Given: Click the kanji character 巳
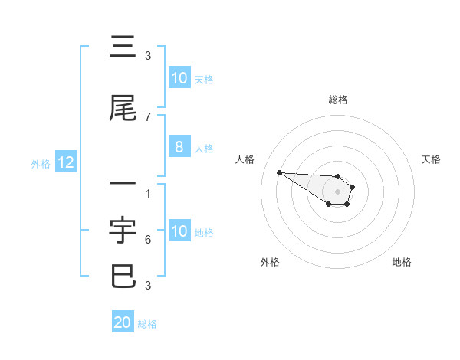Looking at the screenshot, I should coord(123,276).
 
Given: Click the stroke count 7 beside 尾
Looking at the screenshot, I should coord(147,117).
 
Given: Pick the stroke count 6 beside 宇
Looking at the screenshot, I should coord(147,240).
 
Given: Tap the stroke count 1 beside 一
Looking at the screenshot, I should coord(147,193).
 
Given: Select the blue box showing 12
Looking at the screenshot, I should coord(66,162).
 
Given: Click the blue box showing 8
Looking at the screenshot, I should coord(179,148).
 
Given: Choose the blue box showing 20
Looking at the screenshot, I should coord(123,323).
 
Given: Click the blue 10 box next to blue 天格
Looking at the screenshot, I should coord(179,78).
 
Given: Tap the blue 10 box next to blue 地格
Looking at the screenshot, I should coord(179,232).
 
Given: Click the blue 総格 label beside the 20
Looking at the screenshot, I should coord(147,324).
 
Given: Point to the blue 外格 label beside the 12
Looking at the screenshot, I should coord(41,163).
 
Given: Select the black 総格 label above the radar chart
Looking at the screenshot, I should coord(338,100).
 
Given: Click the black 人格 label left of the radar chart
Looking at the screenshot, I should coord(245,159).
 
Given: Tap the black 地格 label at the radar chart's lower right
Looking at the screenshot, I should coord(402,262).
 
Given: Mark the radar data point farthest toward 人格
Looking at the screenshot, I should coord(279,172).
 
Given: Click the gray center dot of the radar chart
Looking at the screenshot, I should coord(337,191).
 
